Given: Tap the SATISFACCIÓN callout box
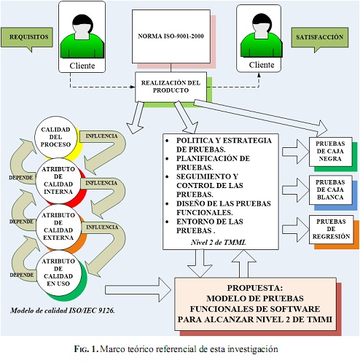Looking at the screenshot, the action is [x=320, y=38].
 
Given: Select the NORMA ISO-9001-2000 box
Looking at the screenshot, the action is [x=171, y=36].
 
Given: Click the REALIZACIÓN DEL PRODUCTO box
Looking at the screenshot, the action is [x=171, y=87].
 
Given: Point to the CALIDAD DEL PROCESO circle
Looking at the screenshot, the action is [x=55, y=137].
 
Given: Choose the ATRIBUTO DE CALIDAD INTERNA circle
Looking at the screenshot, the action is [x=58, y=181].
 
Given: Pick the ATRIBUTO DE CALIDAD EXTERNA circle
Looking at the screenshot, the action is [x=58, y=227].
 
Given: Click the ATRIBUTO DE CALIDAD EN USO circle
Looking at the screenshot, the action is [x=58, y=273].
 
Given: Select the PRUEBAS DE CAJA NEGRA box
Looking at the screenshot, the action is [x=330, y=152].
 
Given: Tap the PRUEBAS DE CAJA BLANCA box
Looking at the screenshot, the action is [x=330, y=190].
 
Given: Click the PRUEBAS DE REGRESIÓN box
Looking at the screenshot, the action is [x=331, y=229].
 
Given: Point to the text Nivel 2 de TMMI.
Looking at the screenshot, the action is [x=219, y=242].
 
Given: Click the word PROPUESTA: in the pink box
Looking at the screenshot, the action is [x=255, y=288].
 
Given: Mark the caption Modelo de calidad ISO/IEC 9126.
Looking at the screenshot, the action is [x=63, y=311].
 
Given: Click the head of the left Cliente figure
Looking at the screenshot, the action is [x=82, y=26].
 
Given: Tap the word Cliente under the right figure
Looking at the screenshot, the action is [x=262, y=65].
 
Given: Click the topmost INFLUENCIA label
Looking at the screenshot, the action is [x=101, y=136].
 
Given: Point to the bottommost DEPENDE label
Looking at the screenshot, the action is [x=22, y=275].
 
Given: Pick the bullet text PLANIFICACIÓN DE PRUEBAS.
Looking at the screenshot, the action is [x=213, y=163].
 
